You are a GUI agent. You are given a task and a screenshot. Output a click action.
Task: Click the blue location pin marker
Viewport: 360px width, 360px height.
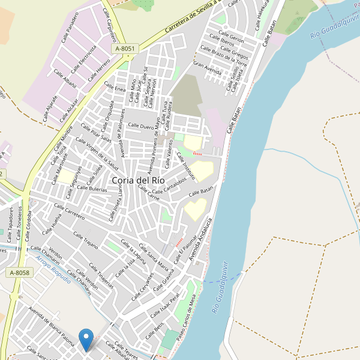(87, 338)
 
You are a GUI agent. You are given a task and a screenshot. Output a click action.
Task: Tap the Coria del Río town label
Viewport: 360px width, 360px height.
(138, 179)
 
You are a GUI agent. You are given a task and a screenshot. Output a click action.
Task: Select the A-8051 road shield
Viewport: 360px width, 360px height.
(125, 49)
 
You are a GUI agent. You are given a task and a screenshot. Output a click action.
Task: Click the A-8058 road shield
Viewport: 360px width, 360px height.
(19, 272)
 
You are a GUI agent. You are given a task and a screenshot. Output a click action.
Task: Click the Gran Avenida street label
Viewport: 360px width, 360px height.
(208, 67)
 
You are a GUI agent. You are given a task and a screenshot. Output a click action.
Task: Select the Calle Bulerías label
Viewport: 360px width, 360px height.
(92, 188)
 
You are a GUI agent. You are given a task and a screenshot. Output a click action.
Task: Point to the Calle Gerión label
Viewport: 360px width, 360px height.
(232, 38)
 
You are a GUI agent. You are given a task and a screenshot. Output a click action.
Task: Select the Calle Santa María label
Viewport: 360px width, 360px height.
(153, 257)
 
